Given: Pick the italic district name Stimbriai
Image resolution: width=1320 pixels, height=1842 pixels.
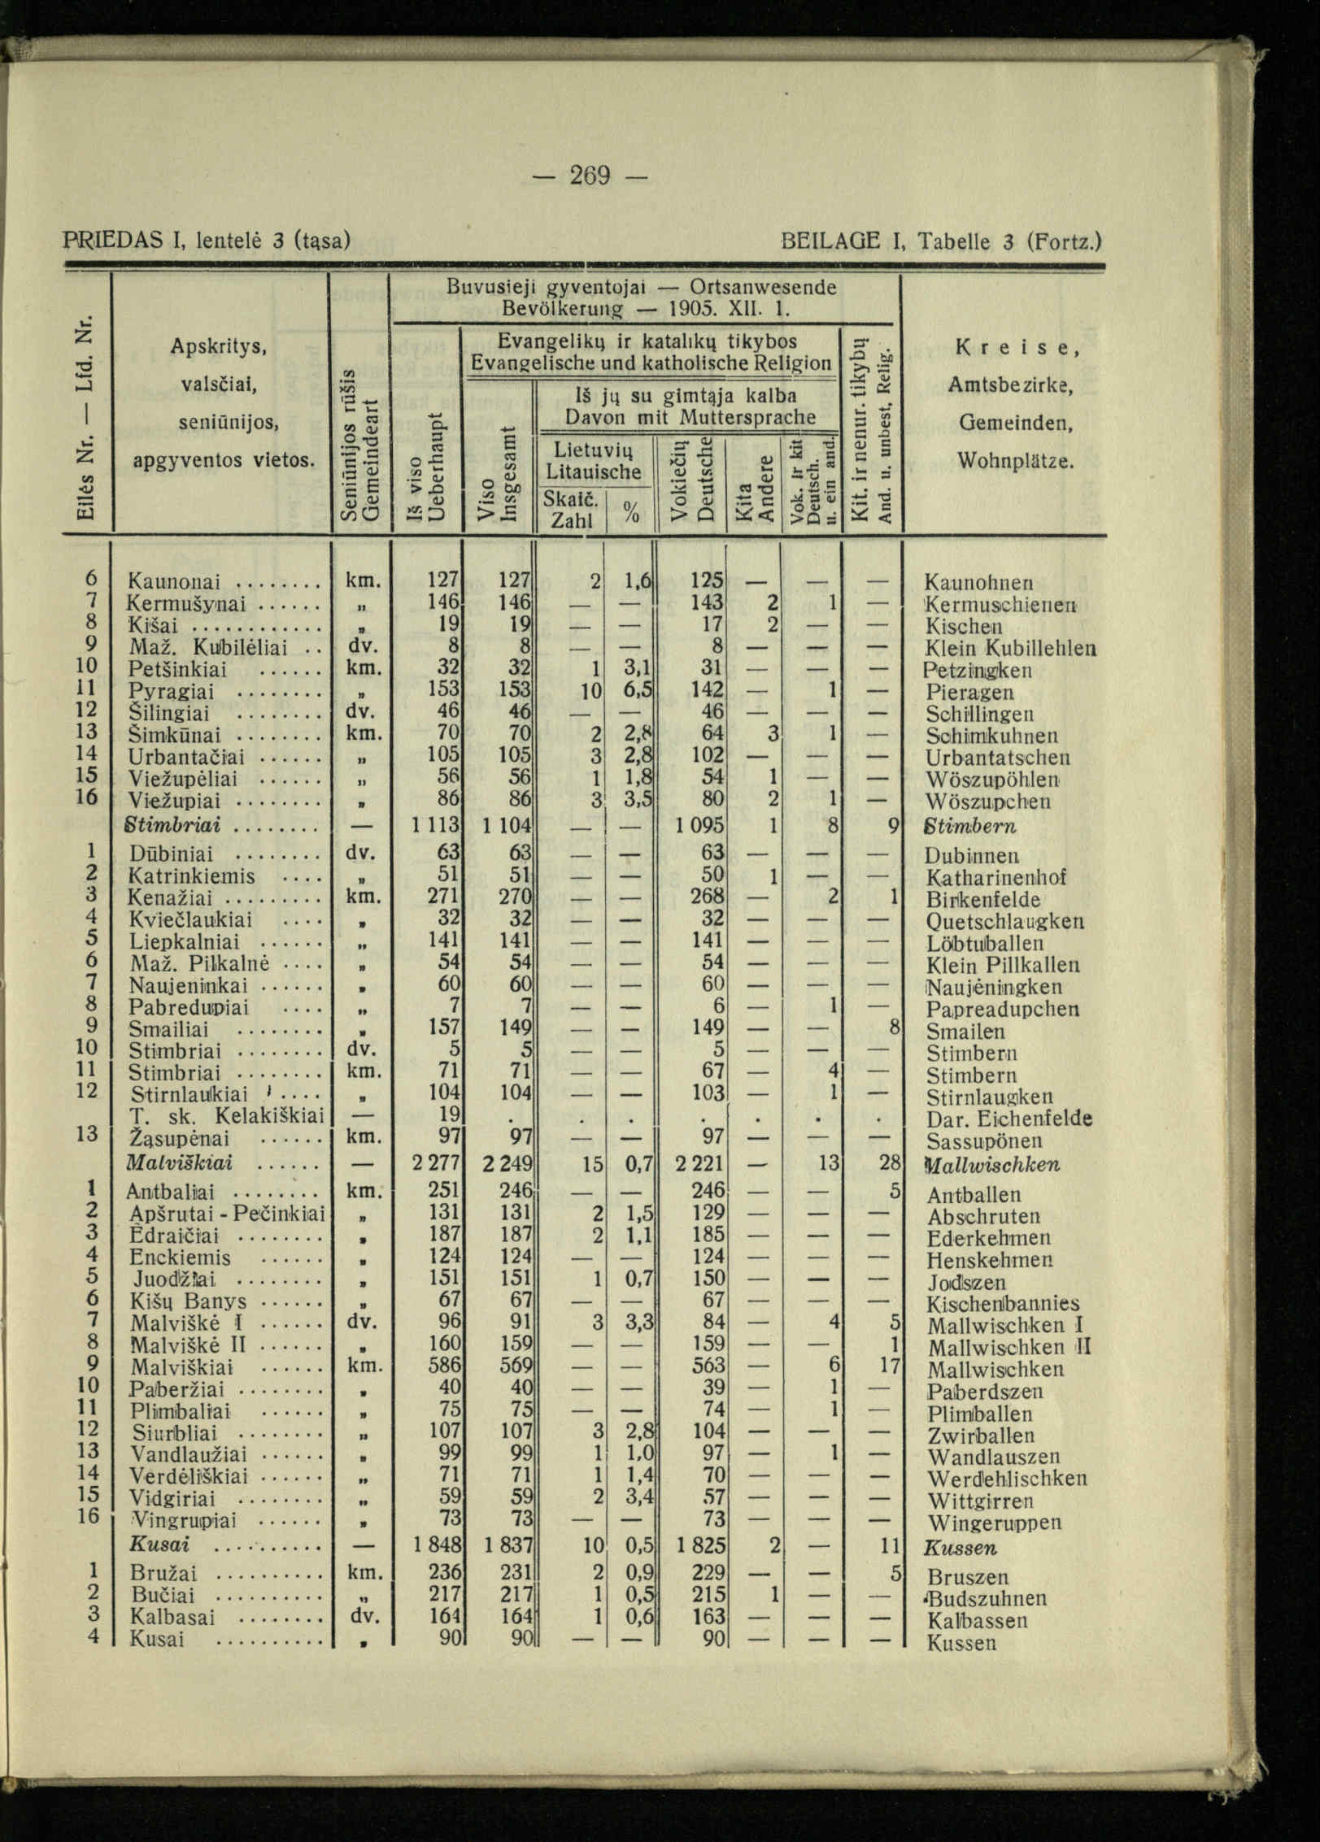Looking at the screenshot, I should (175, 826).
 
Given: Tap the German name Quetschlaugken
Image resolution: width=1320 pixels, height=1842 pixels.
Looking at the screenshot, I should (1004, 922).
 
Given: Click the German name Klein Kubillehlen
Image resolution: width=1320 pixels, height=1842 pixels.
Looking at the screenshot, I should (1011, 649).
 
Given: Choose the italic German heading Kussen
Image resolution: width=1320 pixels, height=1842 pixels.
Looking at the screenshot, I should (961, 1547).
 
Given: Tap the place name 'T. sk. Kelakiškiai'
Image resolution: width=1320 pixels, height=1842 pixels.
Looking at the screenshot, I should (227, 1114).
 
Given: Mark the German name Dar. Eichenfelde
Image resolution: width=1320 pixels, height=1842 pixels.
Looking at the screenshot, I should (1009, 1119).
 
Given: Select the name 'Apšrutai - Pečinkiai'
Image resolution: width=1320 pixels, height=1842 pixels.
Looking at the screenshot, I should (227, 1214).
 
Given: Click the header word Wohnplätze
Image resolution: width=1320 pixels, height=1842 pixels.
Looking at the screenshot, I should (1016, 461).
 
